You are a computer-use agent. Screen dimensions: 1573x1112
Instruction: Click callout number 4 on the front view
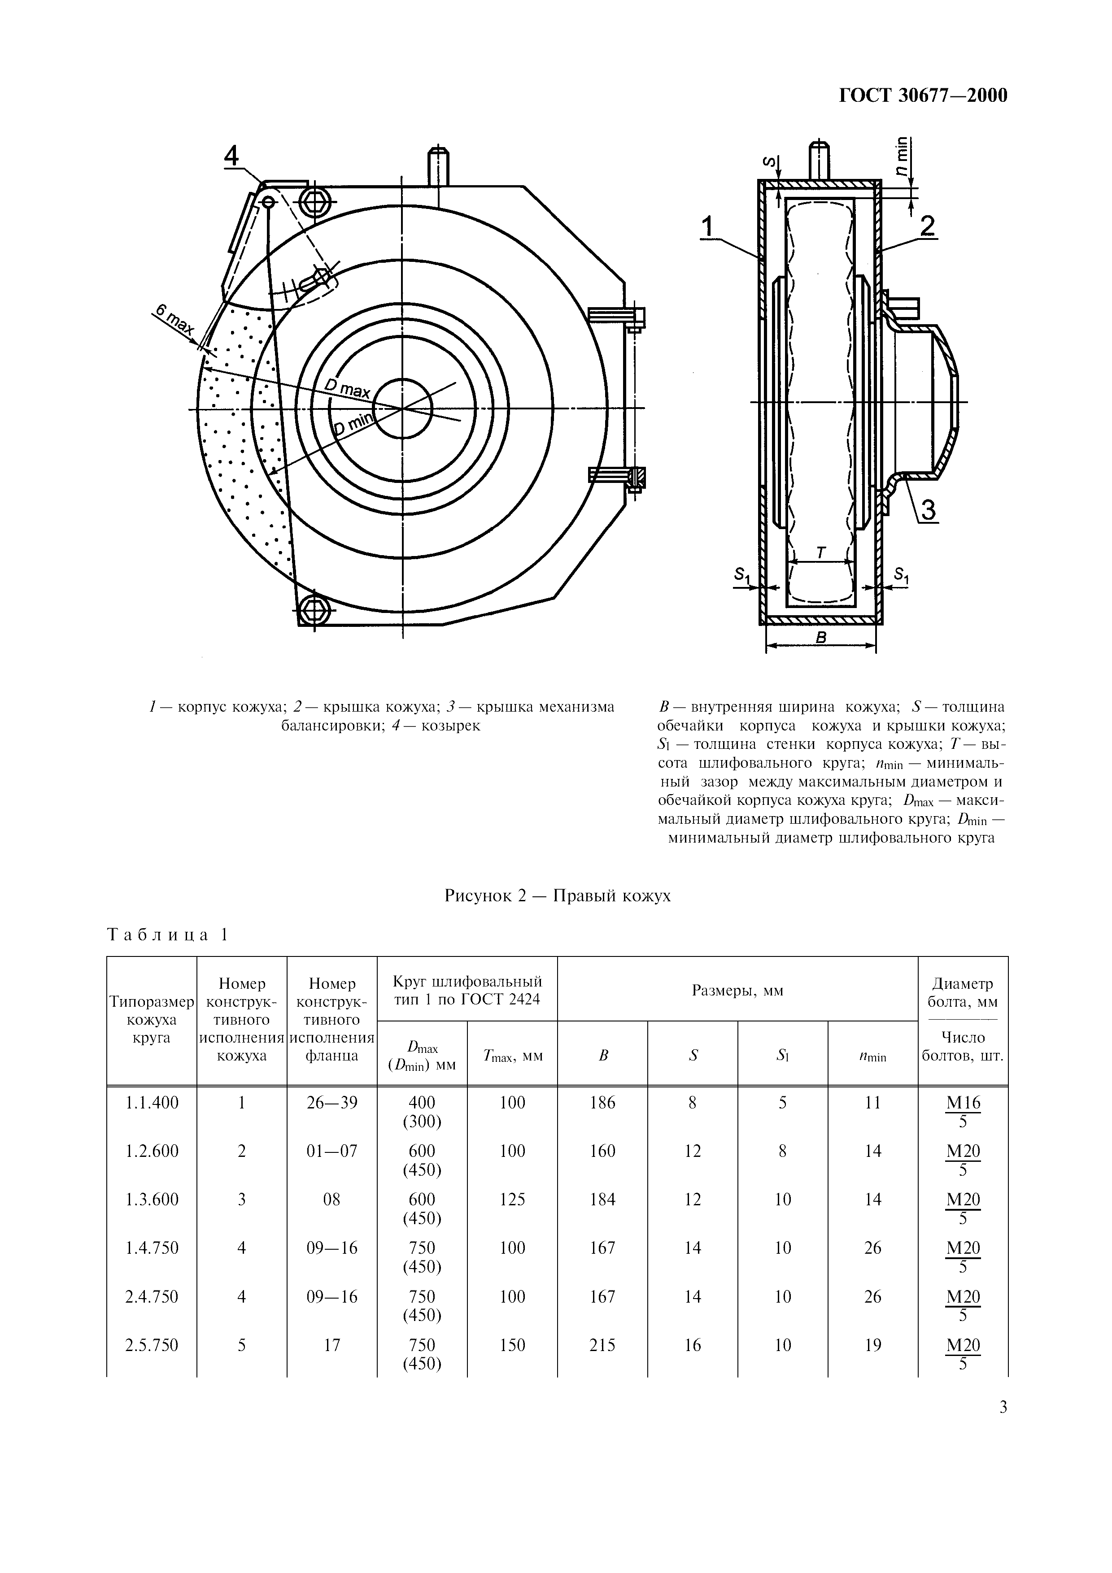tap(232, 157)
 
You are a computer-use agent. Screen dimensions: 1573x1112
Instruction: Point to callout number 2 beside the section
tap(928, 226)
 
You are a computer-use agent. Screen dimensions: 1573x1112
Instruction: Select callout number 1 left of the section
tap(708, 226)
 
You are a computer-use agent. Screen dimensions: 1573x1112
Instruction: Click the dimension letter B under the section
tap(821, 638)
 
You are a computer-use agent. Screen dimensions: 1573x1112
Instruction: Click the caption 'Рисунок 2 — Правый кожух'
tap(557, 895)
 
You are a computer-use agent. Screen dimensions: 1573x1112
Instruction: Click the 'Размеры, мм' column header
tap(737, 991)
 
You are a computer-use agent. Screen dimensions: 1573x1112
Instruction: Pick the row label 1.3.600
tap(152, 1199)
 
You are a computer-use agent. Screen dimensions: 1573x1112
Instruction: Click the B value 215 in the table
tap(602, 1345)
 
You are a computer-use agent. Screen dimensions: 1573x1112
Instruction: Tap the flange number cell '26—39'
tap(331, 1102)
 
